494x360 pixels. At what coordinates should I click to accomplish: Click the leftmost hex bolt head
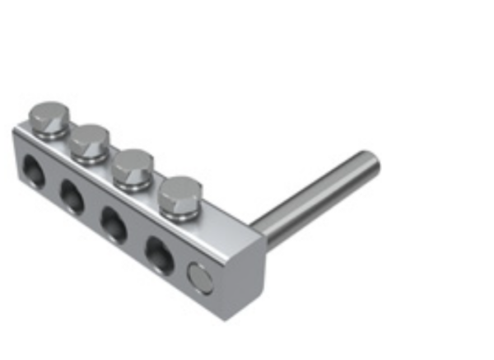[x=49, y=118]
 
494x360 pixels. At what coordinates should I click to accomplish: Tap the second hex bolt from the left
[x=89, y=140]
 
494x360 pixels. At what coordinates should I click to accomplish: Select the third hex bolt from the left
[x=132, y=166]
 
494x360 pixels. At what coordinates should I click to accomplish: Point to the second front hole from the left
[x=72, y=195]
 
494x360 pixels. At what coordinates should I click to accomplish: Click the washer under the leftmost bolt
[x=49, y=133]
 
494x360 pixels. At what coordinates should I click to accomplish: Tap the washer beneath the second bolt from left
[x=90, y=155]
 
